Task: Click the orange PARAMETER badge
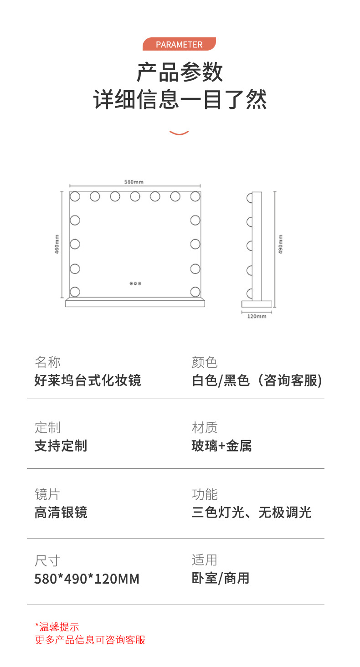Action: tap(179, 44)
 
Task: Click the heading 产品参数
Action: tap(180, 72)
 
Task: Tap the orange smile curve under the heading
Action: tap(179, 133)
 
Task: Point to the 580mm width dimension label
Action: tap(134, 182)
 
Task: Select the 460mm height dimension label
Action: tap(57, 245)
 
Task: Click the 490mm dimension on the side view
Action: tap(280, 245)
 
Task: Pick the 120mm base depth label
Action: tap(257, 316)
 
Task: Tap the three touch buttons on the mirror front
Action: tap(135, 283)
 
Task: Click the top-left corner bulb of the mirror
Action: tap(75, 196)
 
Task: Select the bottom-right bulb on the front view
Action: tap(195, 291)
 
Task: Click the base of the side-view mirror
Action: tap(257, 304)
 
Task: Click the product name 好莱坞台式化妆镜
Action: tap(88, 380)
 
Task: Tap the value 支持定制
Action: tap(61, 446)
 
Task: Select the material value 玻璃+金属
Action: tap(221, 446)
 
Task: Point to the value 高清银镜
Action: tap(61, 513)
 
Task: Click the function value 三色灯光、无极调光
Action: tap(252, 513)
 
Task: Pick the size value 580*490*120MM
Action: tap(87, 579)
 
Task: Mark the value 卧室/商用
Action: tap(221, 579)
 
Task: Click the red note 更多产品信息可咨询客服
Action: tap(90, 640)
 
